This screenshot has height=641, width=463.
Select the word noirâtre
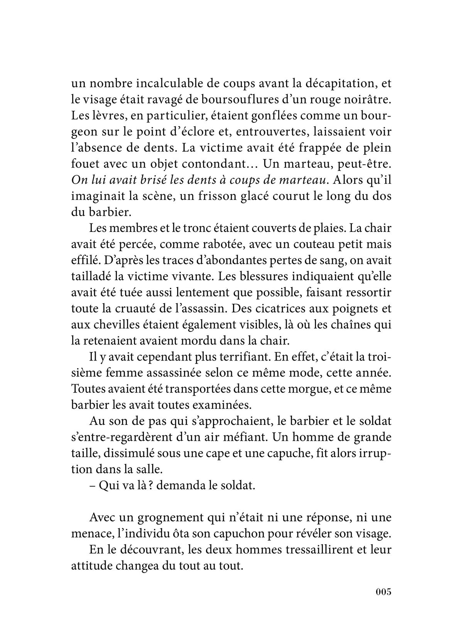(367, 100)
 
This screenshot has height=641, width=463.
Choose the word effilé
(83, 260)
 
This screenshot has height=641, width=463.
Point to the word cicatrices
(274, 309)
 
